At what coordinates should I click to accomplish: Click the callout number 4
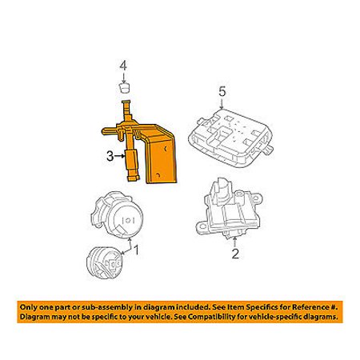point(123,66)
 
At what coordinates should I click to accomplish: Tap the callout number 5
point(222,92)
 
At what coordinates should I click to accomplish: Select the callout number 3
point(110,156)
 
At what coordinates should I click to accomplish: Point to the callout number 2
point(235,254)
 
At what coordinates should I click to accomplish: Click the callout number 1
point(136,250)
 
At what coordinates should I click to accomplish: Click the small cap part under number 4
point(123,87)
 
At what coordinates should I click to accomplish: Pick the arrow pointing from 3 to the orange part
point(120,156)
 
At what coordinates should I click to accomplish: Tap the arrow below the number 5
point(222,103)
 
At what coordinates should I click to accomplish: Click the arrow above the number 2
point(234,242)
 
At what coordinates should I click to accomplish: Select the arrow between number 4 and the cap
point(123,78)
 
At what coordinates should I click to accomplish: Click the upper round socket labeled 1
point(117,214)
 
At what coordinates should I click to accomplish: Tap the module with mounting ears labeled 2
point(229,209)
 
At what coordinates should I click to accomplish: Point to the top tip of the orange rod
point(126,102)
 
